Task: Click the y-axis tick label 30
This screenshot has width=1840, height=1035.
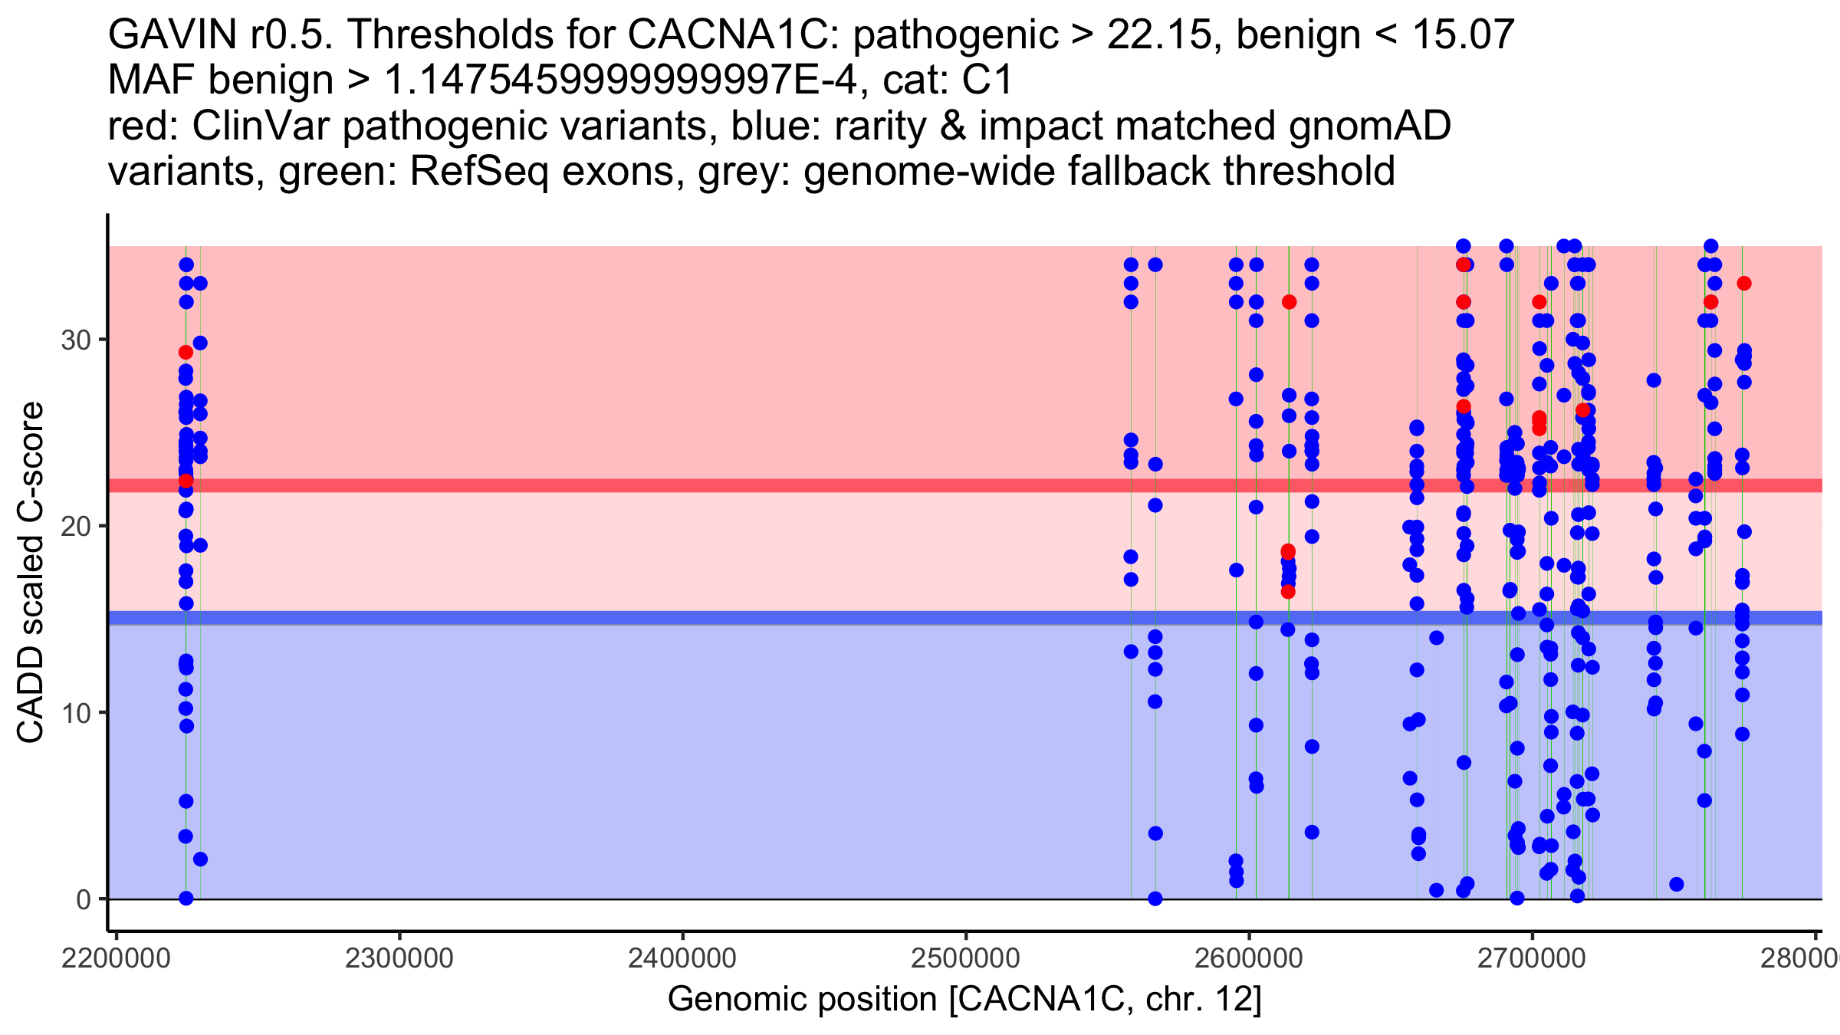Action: click(x=75, y=340)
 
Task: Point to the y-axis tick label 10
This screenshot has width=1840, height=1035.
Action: click(x=75, y=713)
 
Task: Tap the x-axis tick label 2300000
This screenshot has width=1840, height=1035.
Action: click(x=399, y=958)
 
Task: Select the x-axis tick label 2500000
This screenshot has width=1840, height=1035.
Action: click(x=965, y=958)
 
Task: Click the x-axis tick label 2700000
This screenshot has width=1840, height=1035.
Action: click(x=1532, y=958)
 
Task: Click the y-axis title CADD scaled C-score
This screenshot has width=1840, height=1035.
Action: click(x=31, y=572)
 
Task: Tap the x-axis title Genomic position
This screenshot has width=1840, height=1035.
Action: click(x=964, y=999)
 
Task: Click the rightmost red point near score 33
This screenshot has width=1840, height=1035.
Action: click(x=1744, y=284)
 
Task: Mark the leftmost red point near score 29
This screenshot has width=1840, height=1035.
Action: click(x=186, y=353)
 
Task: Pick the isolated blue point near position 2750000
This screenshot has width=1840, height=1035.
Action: click(x=1677, y=884)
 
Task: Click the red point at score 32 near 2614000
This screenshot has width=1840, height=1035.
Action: click(x=1289, y=302)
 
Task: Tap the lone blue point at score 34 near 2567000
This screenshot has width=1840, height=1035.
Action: click(x=1155, y=265)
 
